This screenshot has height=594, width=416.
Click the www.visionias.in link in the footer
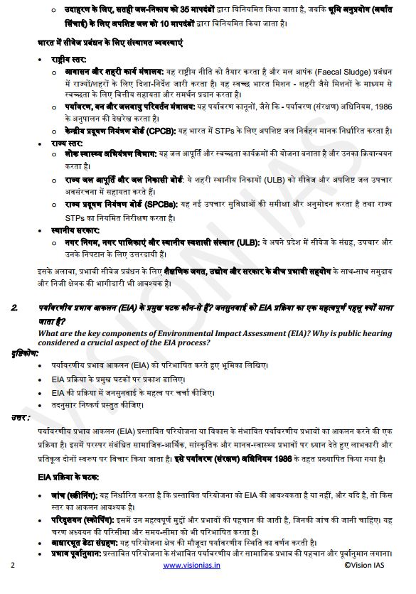coord(192,566)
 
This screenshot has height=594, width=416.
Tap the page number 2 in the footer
coord(13,566)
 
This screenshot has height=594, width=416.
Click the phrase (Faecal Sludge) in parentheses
coord(345,73)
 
